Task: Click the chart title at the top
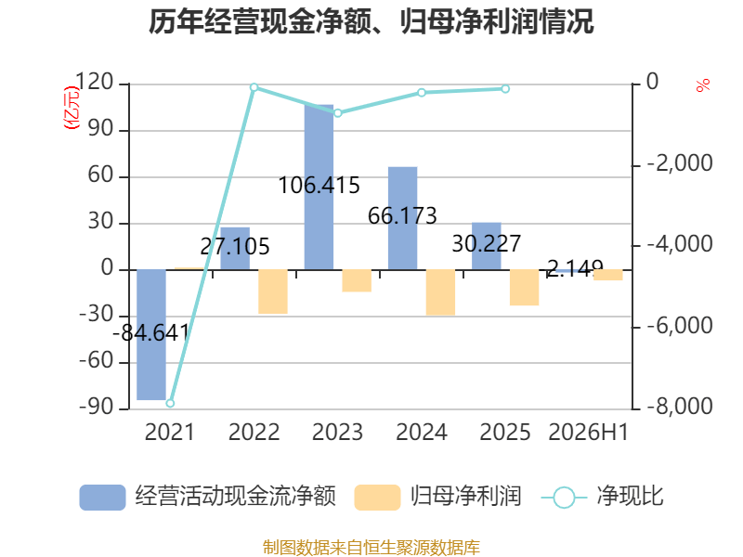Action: click(371, 21)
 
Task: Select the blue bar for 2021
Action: click(151, 334)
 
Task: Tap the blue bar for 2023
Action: click(319, 188)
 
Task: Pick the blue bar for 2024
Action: click(402, 218)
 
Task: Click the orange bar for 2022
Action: click(273, 291)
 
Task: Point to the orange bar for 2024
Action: click(440, 292)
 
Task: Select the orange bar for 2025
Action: click(524, 288)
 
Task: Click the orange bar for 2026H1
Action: click(608, 275)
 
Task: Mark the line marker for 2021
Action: click(170, 403)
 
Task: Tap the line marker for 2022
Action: click(254, 87)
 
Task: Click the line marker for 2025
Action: click(505, 89)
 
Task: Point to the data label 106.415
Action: click(319, 185)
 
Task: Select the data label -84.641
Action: click(151, 332)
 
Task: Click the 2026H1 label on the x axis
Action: click(588, 432)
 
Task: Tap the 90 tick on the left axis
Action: click(100, 129)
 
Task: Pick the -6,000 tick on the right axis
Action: click(680, 326)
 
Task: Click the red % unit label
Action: click(703, 85)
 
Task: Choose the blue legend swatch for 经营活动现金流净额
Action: click(102, 498)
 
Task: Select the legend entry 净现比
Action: click(602, 497)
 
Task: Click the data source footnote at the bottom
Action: click(371, 548)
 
